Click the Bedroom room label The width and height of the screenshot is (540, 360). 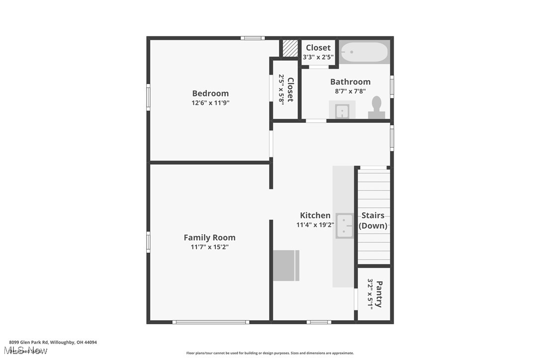(x=210, y=93)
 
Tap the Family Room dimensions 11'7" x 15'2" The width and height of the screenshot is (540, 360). (x=209, y=247)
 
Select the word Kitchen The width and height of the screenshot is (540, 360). (x=315, y=215)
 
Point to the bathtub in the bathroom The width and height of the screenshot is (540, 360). (x=364, y=52)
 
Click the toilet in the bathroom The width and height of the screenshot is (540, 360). (x=376, y=107)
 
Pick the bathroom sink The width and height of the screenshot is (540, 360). (x=342, y=111)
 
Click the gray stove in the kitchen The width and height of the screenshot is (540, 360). (x=286, y=266)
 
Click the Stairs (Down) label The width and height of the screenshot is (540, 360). (x=373, y=220)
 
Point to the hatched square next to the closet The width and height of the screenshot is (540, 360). (x=290, y=48)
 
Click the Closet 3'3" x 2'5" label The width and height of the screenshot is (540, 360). (x=318, y=52)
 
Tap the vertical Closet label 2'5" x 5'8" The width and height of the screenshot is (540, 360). (x=286, y=89)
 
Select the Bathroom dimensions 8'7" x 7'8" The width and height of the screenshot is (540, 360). (x=350, y=91)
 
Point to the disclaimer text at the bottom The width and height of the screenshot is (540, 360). (x=270, y=353)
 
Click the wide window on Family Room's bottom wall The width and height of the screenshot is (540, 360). (x=210, y=322)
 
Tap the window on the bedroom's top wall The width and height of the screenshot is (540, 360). (x=253, y=38)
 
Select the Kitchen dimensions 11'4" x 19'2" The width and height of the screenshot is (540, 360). (x=315, y=225)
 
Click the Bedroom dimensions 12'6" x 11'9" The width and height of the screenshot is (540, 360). (x=210, y=103)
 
